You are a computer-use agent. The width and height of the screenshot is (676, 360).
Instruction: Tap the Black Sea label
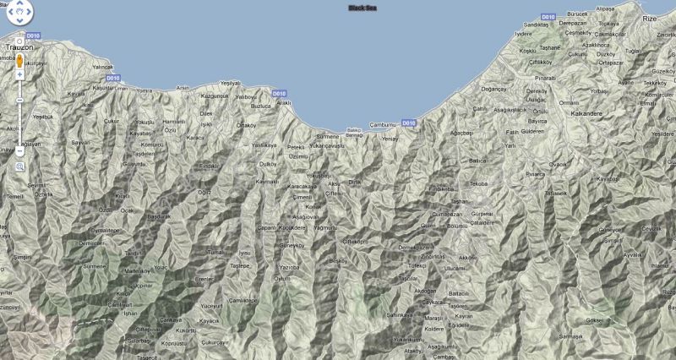tap(363, 8)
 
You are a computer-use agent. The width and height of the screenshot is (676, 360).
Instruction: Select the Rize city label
tap(649, 18)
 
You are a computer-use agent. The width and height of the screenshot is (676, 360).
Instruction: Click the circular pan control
tap(19, 13)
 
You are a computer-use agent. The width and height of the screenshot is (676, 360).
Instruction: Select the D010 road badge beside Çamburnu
tap(409, 123)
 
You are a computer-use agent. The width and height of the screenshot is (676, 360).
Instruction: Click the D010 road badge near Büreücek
tap(548, 16)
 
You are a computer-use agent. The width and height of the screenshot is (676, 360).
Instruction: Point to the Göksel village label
tap(594, 320)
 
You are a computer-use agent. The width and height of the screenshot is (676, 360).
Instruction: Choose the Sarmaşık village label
tap(570, 336)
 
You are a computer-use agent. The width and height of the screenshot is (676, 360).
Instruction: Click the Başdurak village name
tap(159, 216)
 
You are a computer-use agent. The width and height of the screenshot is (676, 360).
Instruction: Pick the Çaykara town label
tap(433, 302)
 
